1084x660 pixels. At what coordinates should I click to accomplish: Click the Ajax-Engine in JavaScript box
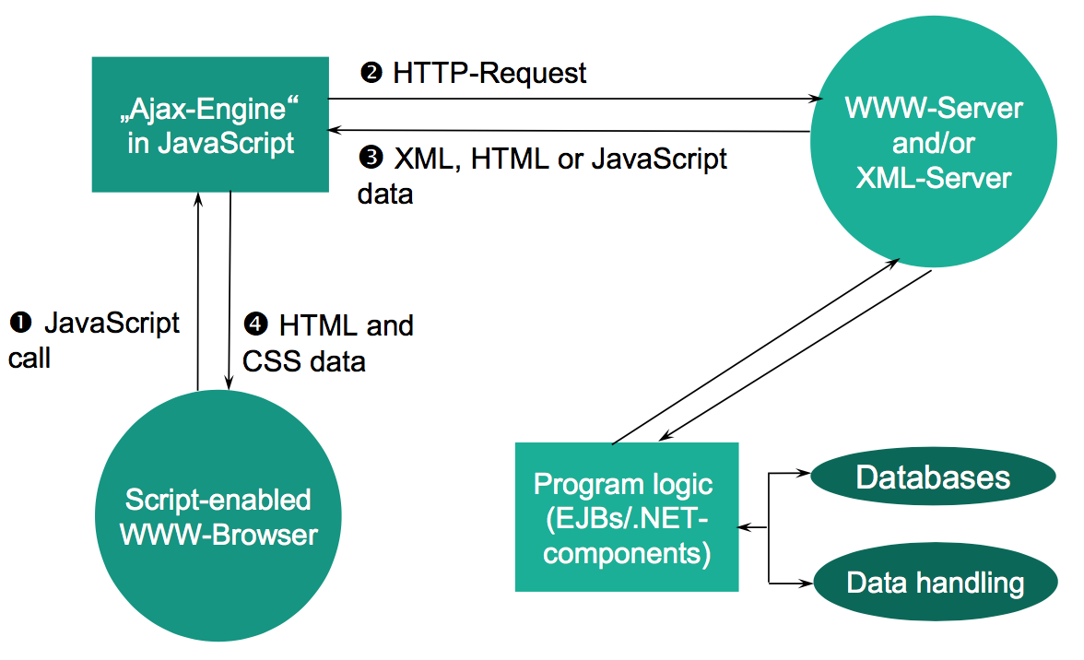210,124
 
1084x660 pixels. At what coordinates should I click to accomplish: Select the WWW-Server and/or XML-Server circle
933,143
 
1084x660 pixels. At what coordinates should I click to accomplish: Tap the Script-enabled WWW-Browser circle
218,518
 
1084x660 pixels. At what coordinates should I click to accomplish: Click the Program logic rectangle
627,516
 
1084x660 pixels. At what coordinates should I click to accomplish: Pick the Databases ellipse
933,477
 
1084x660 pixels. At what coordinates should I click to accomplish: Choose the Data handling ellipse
935,583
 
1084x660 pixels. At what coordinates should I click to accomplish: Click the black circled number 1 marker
20,323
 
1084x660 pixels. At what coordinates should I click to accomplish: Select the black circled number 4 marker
254,325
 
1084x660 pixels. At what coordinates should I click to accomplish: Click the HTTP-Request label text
489,73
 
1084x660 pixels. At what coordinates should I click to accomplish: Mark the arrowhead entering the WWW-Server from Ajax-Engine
815,98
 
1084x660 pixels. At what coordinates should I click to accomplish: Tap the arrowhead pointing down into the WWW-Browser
228,386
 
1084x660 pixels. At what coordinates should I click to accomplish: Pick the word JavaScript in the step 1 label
112,323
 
